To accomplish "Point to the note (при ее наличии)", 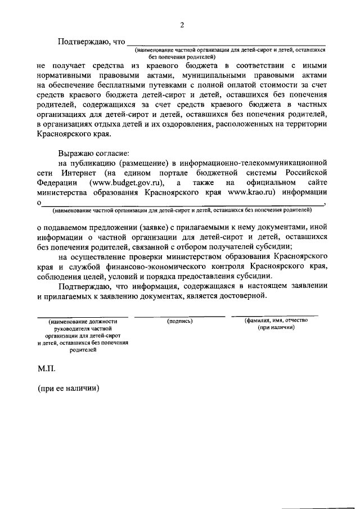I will click(68, 388).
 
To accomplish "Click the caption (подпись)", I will click(180, 321).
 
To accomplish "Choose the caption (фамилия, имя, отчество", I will click(276, 321).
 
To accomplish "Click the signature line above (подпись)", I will click(180, 316).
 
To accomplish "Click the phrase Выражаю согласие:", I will click(93, 154).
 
